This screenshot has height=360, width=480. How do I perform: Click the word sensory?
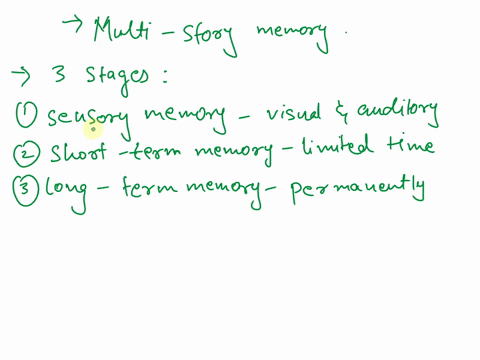[88, 118]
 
